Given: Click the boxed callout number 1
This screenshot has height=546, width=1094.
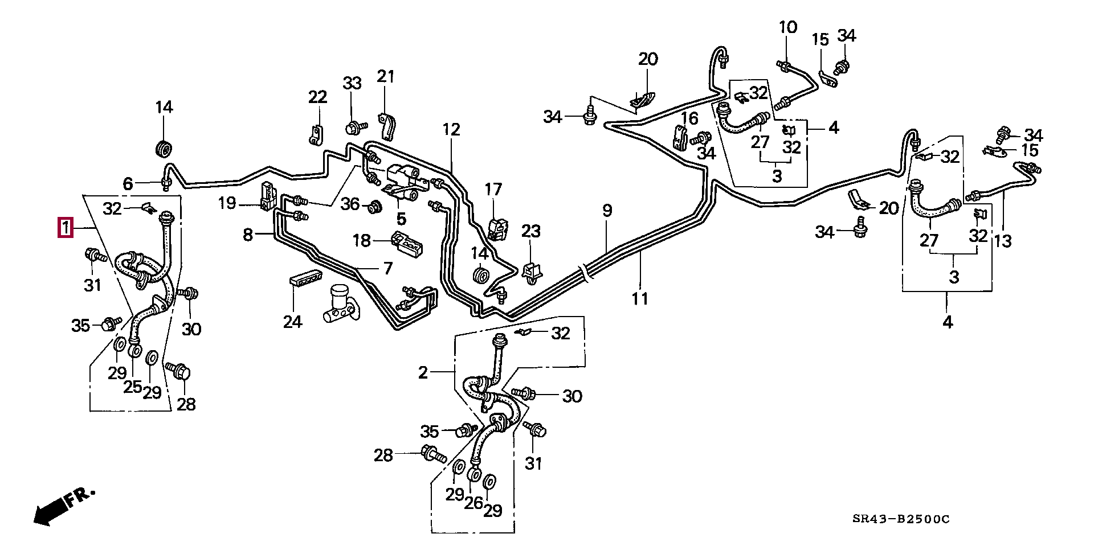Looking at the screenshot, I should click(x=66, y=228).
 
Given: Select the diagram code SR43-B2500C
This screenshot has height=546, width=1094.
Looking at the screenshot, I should click(x=901, y=519).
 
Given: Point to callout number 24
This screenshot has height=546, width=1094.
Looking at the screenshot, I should click(x=292, y=322).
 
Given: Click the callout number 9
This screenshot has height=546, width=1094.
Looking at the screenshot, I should click(x=607, y=211).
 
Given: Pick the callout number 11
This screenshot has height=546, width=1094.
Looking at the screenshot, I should click(x=639, y=298).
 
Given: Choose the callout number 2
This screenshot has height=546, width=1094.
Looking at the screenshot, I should click(x=423, y=373).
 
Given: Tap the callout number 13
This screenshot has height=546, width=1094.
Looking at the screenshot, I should click(x=1002, y=241).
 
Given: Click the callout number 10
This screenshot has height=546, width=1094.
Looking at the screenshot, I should click(x=788, y=27).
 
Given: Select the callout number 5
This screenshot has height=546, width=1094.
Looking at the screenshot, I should click(x=401, y=219).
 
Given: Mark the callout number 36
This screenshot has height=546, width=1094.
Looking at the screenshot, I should click(x=350, y=204).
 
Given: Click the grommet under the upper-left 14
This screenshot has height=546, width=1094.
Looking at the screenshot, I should click(x=164, y=149).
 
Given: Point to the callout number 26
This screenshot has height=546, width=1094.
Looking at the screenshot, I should click(x=473, y=503).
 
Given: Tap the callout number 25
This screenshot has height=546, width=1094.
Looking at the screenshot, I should click(x=132, y=387).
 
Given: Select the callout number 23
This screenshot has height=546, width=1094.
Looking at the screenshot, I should click(x=530, y=231).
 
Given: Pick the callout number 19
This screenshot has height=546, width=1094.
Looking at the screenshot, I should click(x=227, y=203).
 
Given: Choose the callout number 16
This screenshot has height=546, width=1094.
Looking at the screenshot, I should click(x=689, y=118).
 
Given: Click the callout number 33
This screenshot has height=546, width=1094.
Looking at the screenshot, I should click(x=352, y=83).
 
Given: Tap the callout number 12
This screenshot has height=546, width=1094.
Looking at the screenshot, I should click(x=451, y=130).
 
